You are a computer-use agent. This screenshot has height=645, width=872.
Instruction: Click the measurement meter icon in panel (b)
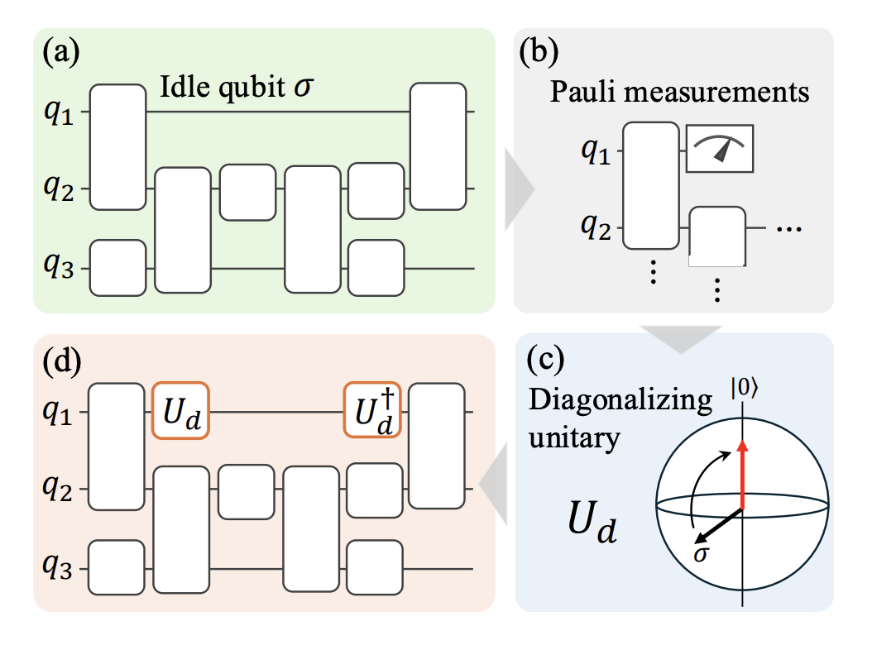click(x=720, y=148)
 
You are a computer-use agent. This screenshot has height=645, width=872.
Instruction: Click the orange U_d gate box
click(x=180, y=410)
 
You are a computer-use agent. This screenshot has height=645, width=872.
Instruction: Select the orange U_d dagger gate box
click(x=373, y=410)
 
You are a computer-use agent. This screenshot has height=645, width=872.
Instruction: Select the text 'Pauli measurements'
click(x=679, y=91)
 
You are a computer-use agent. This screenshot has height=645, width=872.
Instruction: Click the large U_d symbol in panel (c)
click(x=591, y=528)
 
